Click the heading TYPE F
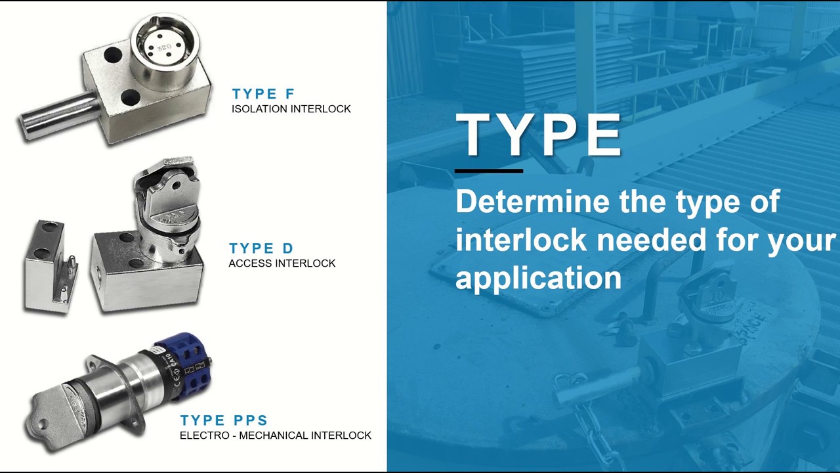(263, 93)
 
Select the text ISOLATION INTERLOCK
(291, 109)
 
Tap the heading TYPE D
(261, 248)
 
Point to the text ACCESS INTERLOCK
(282, 263)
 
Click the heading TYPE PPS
(224, 420)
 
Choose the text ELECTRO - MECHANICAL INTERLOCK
(276, 436)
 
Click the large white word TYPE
(539, 134)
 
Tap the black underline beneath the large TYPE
(489, 171)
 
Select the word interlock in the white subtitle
(521, 240)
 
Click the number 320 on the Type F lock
(164, 48)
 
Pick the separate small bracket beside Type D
(51, 267)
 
